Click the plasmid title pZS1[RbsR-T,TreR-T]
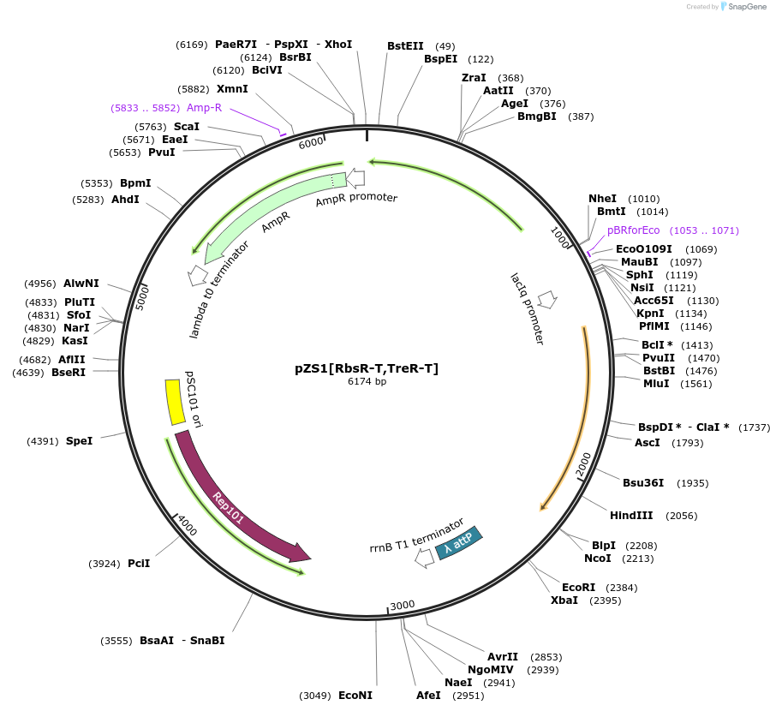point(366,368)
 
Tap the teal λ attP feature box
point(459,543)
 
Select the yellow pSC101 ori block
point(176,401)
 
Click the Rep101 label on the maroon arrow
point(229,507)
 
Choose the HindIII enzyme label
point(631,516)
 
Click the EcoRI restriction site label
point(578,588)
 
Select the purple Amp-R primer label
point(204,108)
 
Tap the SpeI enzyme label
point(79,441)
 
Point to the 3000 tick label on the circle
point(402,606)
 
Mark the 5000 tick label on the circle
point(143,297)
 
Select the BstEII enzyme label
point(405,46)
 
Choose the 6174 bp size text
point(366,381)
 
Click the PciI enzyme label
point(139,564)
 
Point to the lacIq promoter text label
point(527,308)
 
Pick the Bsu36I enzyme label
point(643,483)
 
